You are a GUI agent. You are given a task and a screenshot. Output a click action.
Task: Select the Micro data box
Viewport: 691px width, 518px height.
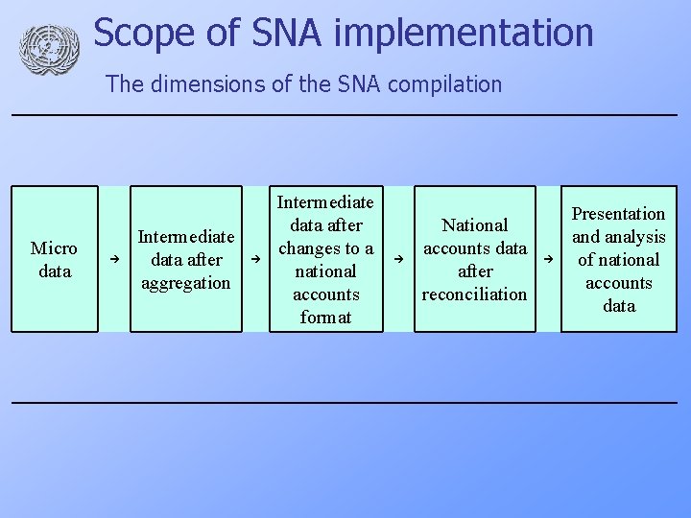tap(55, 259)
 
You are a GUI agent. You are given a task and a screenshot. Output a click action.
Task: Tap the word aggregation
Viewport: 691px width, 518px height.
tap(186, 283)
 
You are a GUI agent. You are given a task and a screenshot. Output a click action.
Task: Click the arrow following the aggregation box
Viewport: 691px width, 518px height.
tap(256, 260)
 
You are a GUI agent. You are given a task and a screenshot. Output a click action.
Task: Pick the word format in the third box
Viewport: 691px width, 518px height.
tap(325, 318)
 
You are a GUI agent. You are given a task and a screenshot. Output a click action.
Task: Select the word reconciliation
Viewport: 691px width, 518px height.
tap(474, 294)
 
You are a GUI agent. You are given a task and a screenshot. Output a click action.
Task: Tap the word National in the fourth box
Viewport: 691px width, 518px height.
tap(474, 225)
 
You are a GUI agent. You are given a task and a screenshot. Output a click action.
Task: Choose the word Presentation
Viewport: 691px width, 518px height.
tap(618, 214)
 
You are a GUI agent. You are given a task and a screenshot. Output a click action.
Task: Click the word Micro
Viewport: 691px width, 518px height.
tap(55, 248)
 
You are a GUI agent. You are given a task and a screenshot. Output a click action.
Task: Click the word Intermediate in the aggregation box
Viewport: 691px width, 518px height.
tap(186, 237)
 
